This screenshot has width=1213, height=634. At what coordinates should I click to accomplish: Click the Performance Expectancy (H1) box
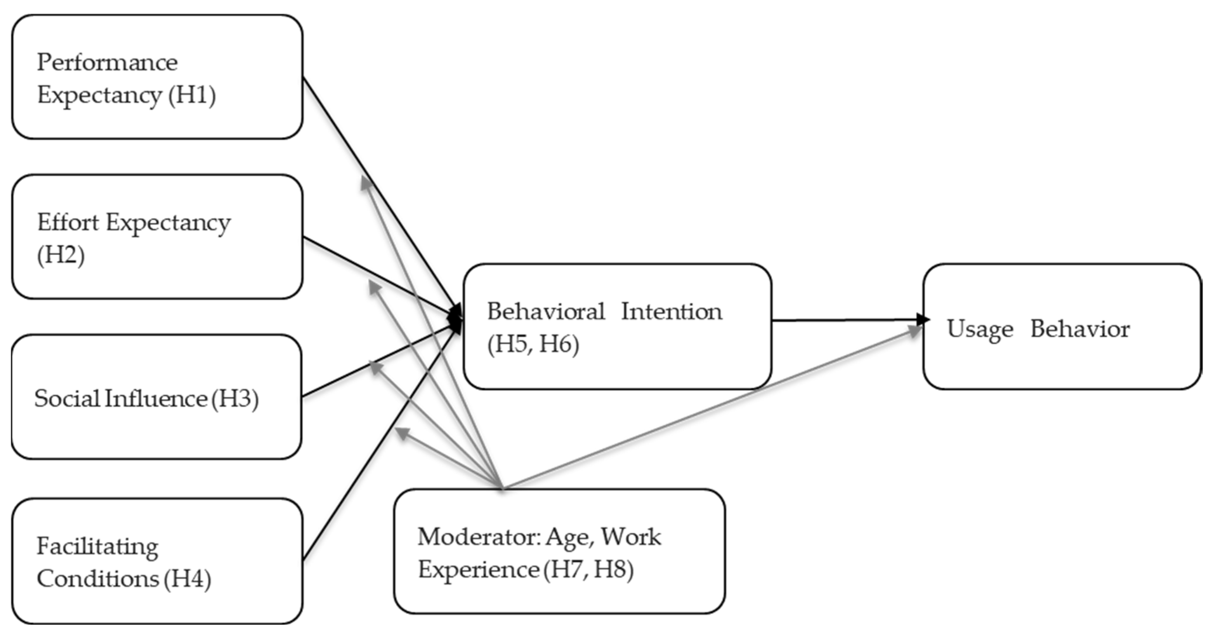click(x=157, y=77)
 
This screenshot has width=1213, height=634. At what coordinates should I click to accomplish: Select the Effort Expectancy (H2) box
click(x=157, y=237)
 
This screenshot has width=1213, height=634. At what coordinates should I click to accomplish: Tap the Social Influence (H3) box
click(x=157, y=397)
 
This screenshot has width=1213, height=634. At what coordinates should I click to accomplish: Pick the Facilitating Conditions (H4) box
click(x=157, y=561)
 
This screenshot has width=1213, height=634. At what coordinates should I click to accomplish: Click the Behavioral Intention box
click(x=617, y=327)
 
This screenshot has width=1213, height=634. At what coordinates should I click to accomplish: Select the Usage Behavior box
click(x=1062, y=327)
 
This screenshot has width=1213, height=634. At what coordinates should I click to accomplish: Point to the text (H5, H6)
click(x=533, y=345)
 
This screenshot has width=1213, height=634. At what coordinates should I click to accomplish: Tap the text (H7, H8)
click(x=588, y=570)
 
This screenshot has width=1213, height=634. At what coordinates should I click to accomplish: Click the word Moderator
click(x=478, y=537)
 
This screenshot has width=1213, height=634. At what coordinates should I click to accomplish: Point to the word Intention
click(x=671, y=312)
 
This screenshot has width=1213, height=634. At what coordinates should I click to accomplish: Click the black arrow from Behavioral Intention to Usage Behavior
click(x=848, y=320)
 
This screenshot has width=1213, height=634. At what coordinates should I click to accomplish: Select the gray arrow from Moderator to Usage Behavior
click(x=706, y=411)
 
